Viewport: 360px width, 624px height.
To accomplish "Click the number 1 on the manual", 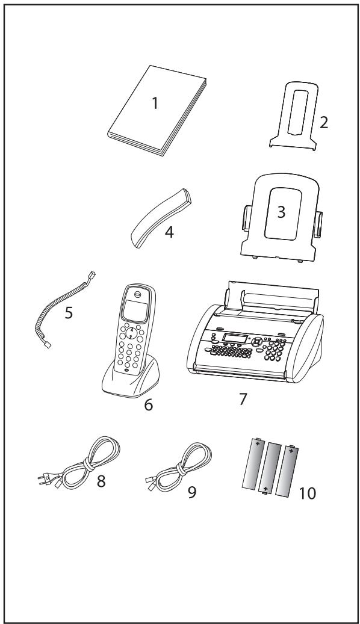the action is (x=155, y=103).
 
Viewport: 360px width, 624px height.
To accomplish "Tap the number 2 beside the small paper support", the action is (x=324, y=123).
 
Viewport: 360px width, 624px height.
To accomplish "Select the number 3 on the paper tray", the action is (x=281, y=212).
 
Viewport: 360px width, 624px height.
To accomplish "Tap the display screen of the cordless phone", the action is (x=133, y=310).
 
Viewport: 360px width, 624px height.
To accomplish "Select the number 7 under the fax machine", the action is (x=243, y=399).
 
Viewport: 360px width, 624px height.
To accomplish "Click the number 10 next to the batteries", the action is (x=307, y=493).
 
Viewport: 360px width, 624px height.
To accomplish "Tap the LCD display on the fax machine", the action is (x=232, y=338).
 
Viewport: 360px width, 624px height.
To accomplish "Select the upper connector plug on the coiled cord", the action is (x=92, y=276).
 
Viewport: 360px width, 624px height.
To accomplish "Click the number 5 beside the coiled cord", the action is (x=69, y=313).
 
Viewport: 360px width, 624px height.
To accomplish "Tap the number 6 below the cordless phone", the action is (x=148, y=405).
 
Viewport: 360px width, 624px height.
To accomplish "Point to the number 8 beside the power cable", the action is (x=101, y=481).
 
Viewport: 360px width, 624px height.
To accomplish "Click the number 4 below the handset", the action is (x=169, y=232).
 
